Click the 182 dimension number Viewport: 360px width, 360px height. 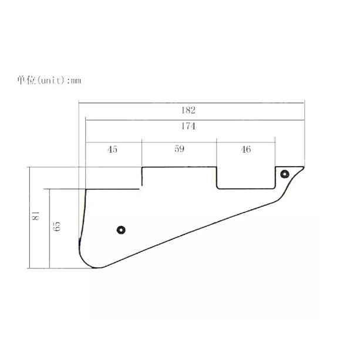coord(189,110)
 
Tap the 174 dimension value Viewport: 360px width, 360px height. coord(189,126)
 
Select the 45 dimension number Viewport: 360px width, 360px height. coord(112,150)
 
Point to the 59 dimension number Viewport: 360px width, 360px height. coord(179,149)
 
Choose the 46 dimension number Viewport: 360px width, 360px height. coord(246,150)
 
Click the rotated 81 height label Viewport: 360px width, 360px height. coord(36,216)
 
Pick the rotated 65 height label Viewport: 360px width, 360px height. coord(57,226)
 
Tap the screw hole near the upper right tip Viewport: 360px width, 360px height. coord(285,174)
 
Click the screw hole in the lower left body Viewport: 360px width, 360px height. coord(121,230)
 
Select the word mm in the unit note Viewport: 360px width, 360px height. coord(76,81)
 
